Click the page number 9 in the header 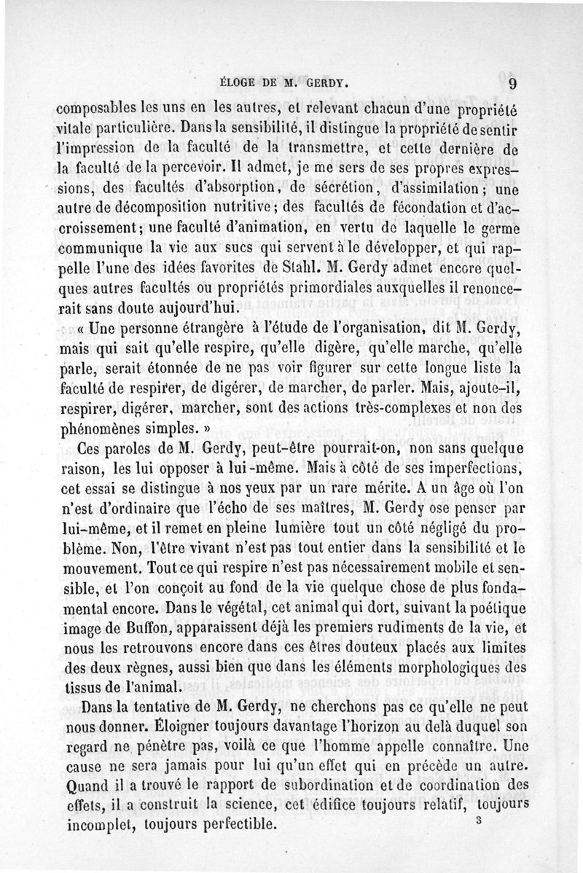[x=513, y=83]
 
